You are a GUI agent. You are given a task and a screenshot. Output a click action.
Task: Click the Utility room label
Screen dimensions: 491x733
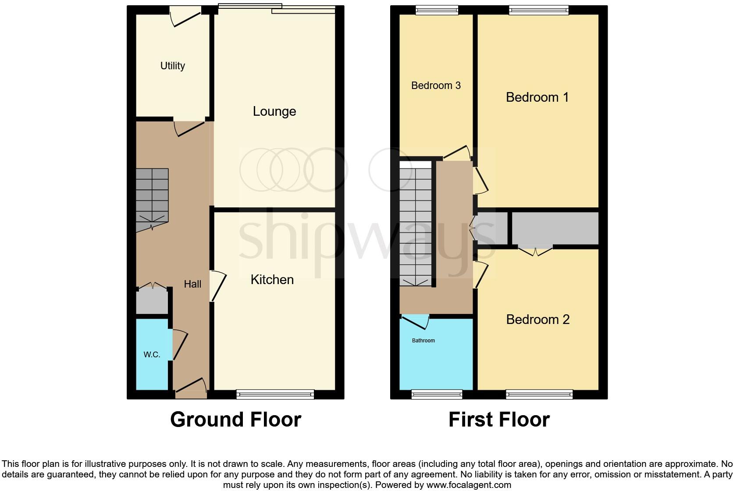(172, 66)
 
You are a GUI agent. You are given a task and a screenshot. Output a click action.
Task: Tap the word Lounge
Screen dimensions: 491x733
(274, 111)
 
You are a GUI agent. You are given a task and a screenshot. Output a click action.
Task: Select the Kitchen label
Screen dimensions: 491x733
(272, 280)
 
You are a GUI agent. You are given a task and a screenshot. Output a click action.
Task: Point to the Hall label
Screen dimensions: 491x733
(192, 284)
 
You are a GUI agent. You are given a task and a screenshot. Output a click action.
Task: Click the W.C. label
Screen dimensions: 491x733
(152, 355)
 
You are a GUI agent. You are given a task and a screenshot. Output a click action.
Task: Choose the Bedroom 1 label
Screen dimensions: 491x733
(537, 97)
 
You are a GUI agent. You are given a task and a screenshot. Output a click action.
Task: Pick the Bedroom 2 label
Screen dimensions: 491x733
(537, 320)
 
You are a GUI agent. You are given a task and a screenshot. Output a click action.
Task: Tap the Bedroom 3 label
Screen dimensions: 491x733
(436, 85)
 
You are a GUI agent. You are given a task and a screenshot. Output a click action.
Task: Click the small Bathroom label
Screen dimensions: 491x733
(423, 341)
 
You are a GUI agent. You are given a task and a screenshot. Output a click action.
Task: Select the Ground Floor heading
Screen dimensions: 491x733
(235, 420)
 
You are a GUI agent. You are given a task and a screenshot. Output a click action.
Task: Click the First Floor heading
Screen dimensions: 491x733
(499, 420)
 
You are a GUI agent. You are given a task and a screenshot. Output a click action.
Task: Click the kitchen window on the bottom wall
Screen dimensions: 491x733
(275, 395)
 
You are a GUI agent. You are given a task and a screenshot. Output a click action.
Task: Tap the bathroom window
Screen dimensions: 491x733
(437, 395)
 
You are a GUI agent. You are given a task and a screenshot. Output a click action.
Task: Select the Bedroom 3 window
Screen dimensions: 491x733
(437, 10)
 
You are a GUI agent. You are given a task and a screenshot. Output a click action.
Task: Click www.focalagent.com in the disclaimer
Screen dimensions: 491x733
(468, 485)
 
